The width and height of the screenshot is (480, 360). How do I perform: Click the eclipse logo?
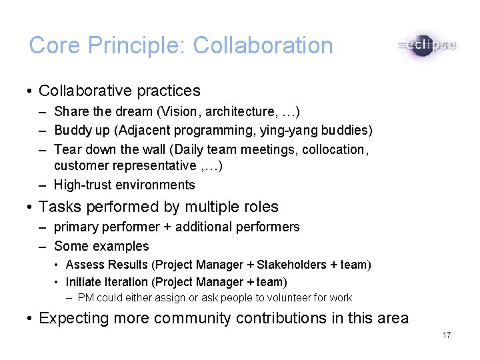[427, 46]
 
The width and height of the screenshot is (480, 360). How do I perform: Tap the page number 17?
[447, 335]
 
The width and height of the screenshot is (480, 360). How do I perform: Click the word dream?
[133, 111]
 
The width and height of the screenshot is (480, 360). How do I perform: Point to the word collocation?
[333, 149]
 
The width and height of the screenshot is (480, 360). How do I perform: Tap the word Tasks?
[61, 207]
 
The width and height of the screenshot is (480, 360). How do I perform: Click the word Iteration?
[127, 281]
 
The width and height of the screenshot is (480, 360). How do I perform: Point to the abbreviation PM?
[85, 298]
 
